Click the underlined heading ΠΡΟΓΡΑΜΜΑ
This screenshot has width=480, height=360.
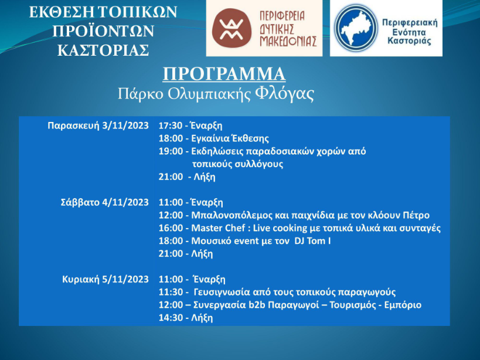coord(224,74)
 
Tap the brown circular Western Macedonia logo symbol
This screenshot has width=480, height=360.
coord(232,28)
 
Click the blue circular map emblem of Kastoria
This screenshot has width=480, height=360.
coord(355,28)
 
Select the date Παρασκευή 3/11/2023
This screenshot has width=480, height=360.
coord(98,125)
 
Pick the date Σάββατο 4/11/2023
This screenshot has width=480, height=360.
coord(105,202)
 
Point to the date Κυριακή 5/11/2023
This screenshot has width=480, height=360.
coord(105,279)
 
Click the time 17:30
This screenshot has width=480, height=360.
coord(171,125)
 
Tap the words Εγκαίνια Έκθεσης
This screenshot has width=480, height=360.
coord(230,138)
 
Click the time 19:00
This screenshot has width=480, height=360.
coord(171,151)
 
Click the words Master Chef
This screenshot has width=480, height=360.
coord(218,228)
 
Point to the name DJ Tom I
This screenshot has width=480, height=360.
coord(312,241)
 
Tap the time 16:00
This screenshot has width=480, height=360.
coord(171,228)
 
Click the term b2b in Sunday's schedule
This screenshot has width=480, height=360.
coord(256,305)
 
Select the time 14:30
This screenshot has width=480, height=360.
coord(171,318)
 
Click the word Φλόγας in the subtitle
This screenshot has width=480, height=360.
coord(285,94)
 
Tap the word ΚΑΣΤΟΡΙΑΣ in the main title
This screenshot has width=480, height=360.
coord(103,51)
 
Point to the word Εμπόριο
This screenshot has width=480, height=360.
coord(403,305)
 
